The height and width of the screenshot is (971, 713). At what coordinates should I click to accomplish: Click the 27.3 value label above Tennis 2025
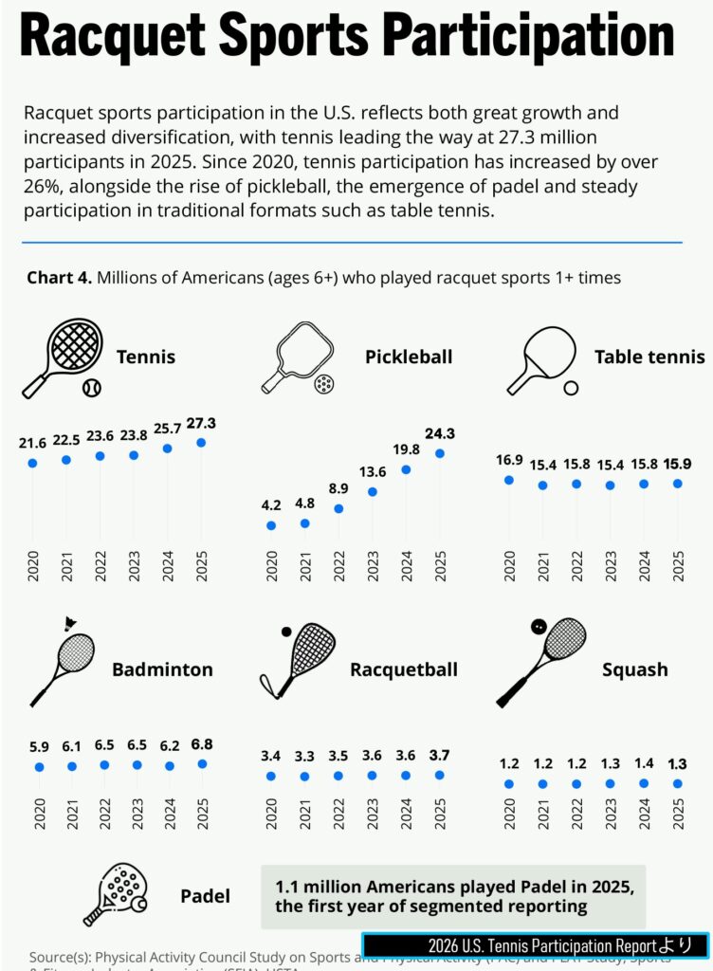pyautogui.click(x=201, y=424)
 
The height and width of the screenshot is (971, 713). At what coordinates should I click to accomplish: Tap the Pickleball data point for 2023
pyautogui.click(x=373, y=491)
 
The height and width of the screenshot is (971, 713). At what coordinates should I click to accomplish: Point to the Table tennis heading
pyautogui.click(x=649, y=357)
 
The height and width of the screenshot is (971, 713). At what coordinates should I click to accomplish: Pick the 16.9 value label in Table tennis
pyautogui.click(x=509, y=461)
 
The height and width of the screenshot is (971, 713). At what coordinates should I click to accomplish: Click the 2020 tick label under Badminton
pyautogui.click(x=40, y=815)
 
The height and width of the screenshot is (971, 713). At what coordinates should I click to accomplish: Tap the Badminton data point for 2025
pyautogui.click(x=202, y=763)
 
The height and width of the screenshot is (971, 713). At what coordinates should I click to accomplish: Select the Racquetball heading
pyautogui.click(x=404, y=669)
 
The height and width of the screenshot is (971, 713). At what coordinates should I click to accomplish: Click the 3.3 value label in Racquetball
pyautogui.click(x=304, y=757)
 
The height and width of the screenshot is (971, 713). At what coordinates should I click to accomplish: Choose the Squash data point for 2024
pyautogui.click(x=644, y=783)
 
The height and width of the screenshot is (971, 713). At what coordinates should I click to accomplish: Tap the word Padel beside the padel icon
pyautogui.click(x=205, y=896)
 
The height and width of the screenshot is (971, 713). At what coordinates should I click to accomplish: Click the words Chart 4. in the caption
pyautogui.click(x=59, y=278)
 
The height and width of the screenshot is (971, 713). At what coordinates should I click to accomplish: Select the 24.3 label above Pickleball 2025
pyautogui.click(x=440, y=433)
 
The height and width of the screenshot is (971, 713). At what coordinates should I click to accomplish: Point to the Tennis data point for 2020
pyautogui.click(x=32, y=463)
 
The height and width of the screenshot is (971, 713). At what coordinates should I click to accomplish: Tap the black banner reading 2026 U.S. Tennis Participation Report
pyautogui.click(x=535, y=945)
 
